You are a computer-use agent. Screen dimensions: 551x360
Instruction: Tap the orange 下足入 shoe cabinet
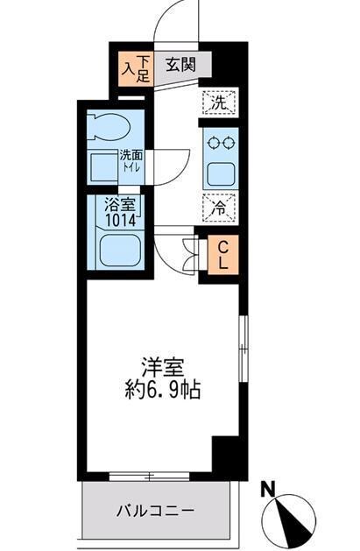point(137,69)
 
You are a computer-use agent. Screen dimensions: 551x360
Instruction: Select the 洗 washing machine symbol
point(218,102)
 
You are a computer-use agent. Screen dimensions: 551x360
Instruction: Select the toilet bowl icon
point(114,125)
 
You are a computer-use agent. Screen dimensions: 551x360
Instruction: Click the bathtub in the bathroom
point(120,254)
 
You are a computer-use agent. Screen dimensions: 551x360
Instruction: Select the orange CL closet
point(222,255)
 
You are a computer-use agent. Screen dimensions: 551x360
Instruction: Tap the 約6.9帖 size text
point(162,389)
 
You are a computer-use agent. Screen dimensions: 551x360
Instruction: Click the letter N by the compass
point(271,488)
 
